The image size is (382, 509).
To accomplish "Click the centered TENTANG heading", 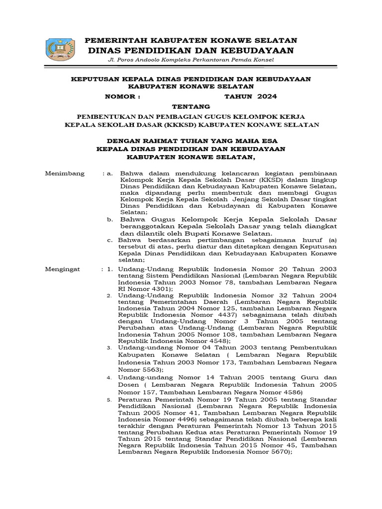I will [191, 106].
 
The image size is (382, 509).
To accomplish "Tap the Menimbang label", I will [65, 173].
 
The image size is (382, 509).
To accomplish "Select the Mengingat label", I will [62, 269].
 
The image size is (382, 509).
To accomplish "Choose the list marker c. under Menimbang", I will [110, 240].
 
